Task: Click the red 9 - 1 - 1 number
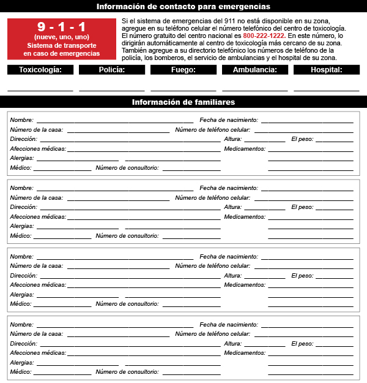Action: pos(61,27)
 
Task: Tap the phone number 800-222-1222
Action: pos(264,36)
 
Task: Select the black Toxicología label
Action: pos(40,70)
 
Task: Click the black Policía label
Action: pos(112,70)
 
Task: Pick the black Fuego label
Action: pos(183,70)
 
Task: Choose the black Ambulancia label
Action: pos(255,70)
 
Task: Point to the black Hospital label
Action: pos(327,70)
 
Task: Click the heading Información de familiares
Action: pos(183,102)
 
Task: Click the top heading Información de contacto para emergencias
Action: pos(183,7)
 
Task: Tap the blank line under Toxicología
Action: pos(40,89)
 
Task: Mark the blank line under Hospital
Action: pos(327,89)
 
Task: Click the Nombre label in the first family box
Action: pos(22,120)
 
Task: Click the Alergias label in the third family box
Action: pos(22,294)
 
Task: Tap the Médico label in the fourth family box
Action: pos(21,372)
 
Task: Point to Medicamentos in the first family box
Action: pos(245,149)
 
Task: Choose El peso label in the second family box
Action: pos(302,207)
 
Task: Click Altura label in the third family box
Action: pos(233,276)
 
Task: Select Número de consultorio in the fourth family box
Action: pos(127,372)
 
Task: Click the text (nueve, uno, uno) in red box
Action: pos(61,37)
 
